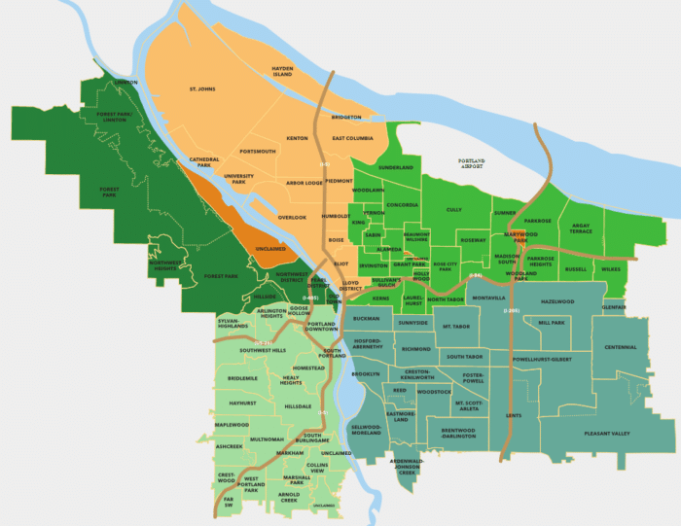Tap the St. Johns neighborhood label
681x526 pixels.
[x=201, y=89]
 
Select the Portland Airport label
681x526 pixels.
[x=477, y=163]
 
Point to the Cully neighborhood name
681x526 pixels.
[x=454, y=209]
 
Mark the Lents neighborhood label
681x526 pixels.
[x=514, y=416]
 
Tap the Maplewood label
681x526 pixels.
[x=233, y=425]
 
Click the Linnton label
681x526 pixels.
[x=126, y=83]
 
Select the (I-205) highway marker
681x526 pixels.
[x=512, y=310]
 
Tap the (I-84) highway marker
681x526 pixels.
[x=475, y=275]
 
